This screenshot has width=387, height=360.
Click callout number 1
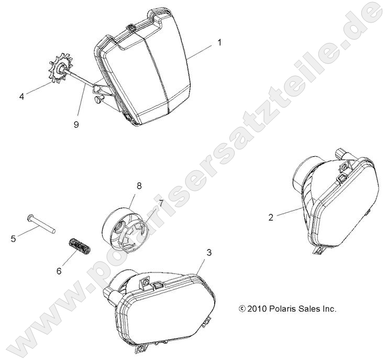coord(219,43)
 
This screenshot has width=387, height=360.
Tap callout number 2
coord(271,217)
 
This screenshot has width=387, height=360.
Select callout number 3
coord(209,253)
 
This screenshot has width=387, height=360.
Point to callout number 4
coord(21,96)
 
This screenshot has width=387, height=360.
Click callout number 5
coord(13,239)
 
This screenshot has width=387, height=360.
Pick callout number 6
coord(59,271)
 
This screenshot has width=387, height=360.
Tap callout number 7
coord(161,204)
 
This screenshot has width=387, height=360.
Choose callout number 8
coord(139,186)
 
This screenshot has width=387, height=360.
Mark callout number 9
coord(76,124)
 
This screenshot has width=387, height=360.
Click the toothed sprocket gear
coord(61,69)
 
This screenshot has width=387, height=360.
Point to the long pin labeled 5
coord(41,223)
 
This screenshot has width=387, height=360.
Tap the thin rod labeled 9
coord(80,79)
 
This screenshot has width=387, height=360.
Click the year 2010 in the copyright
coord(257,309)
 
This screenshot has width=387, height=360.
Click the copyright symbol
coord(242,309)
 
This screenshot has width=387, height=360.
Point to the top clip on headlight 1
coord(131,28)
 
